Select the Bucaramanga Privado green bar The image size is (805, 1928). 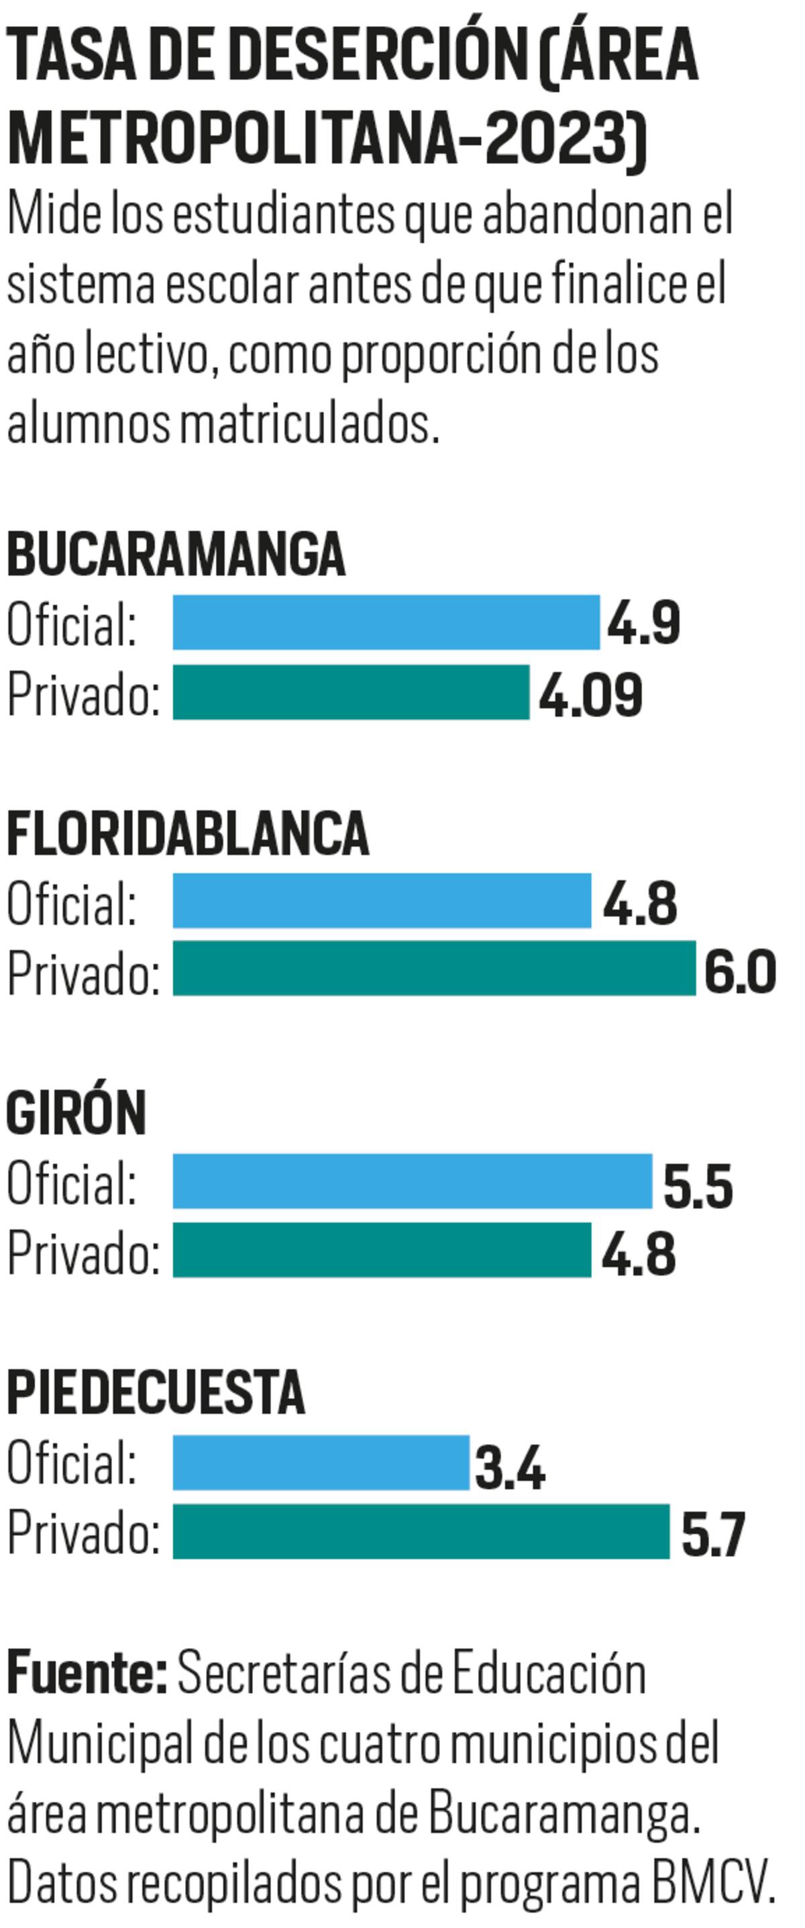point(351,692)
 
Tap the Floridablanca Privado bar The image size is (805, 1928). point(434,969)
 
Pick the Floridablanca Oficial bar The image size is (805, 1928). point(382,900)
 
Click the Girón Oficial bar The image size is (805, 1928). point(412,1181)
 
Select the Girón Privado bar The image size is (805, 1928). point(382,1250)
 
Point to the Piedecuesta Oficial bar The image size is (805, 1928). point(321,1463)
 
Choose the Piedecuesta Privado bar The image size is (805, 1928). point(421,1532)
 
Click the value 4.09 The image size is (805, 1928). point(590,695)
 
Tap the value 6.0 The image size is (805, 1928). point(740,971)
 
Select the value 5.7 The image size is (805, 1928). point(713,1535)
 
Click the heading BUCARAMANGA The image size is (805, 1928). point(176,555)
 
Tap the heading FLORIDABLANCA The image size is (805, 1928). point(188,834)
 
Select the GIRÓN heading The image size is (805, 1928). point(76,1113)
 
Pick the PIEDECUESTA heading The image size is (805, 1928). point(156,1393)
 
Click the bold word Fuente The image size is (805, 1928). point(87,1674)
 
